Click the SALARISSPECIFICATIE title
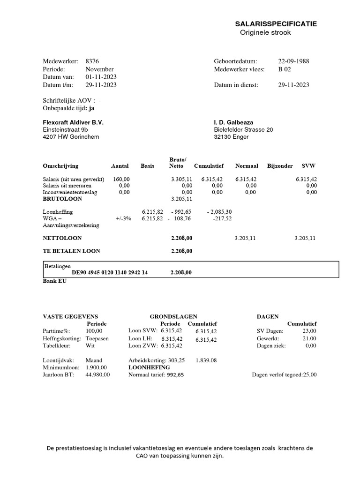coord(276,24)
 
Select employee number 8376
coord(92,61)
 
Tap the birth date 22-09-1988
coord(293,61)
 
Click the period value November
coord(99,69)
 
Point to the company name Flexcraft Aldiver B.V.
coord(73,122)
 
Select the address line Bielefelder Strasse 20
coord(243,130)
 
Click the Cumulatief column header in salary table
coord(209,166)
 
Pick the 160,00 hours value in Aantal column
coord(121,179)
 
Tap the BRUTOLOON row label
coord(62,199)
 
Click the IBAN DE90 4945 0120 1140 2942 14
coord(110,272)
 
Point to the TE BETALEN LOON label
coord(71,251)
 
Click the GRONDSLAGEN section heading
coord(173,317)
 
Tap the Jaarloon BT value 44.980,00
coord(97,375)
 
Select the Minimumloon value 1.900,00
coord(96,367)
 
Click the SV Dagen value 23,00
coord(308,331)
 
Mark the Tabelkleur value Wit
coord(90,346)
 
